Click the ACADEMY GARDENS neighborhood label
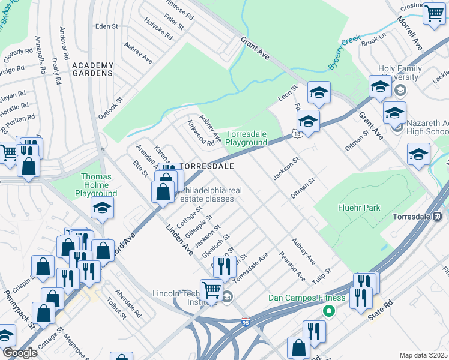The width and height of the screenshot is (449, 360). pos(92,69)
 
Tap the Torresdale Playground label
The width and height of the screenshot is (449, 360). pos(246,138)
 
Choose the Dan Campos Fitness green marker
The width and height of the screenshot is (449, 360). pos(328,311)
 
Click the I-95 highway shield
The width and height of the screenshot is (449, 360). pos(244,322)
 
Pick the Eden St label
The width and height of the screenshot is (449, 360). pos(106,26)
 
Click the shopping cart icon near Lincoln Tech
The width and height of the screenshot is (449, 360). pos(211,290)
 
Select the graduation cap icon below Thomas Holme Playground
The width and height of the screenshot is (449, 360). pos(102,208)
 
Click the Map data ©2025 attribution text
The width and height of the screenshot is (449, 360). pos(424,355)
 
